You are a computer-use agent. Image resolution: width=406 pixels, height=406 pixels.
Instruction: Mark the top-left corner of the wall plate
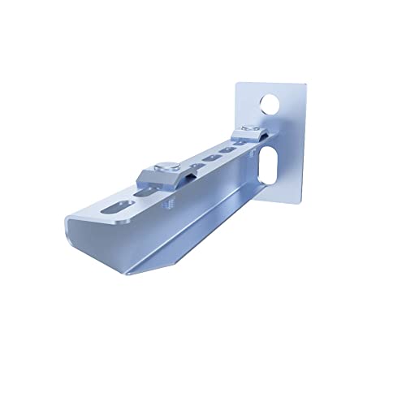click(239, 82)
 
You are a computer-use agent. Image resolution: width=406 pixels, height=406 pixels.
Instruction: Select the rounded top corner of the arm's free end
click(71, 219)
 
